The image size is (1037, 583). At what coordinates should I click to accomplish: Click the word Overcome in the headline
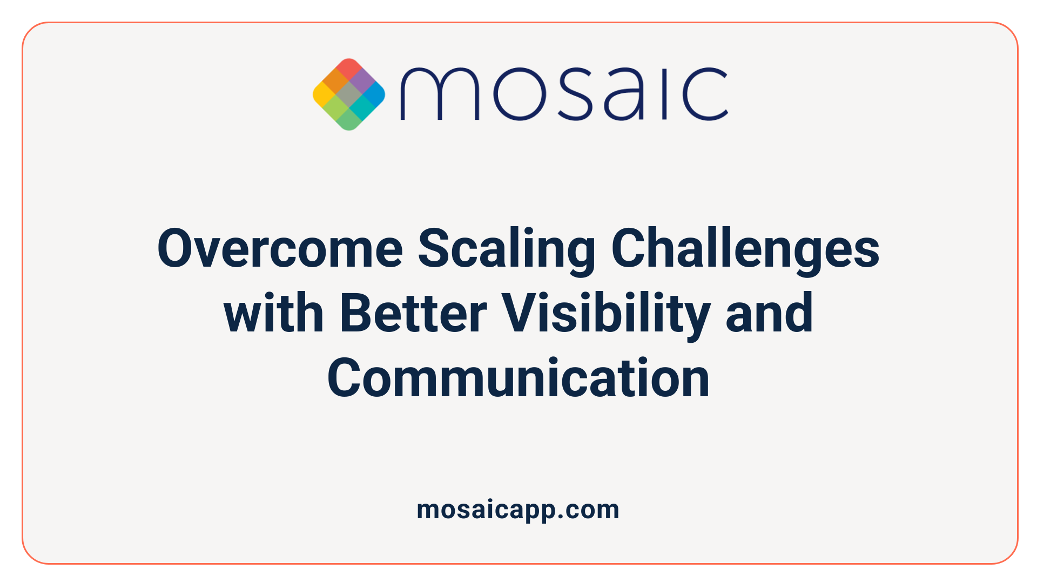click(x=280, y=248)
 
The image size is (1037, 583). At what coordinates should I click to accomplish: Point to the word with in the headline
click(x=274, y=313)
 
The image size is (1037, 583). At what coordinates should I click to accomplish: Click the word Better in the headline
click(x=413, y=313)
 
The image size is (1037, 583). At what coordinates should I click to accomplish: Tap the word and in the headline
click(x=769, y=313)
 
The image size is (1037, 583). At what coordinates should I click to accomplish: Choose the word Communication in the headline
click(x=518, y=378)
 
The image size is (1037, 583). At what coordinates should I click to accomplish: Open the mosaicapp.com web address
click(x=518, y=510)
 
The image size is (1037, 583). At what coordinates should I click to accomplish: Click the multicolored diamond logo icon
click(x=349, y=94)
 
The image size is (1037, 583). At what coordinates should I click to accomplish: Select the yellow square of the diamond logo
click(x=324, y=94)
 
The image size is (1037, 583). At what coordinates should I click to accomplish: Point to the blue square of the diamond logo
click(x=374, y=94)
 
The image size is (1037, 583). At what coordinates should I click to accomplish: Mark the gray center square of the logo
click(x=349, y=94)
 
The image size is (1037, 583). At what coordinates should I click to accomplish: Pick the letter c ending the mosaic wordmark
click(x=705, y=94)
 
